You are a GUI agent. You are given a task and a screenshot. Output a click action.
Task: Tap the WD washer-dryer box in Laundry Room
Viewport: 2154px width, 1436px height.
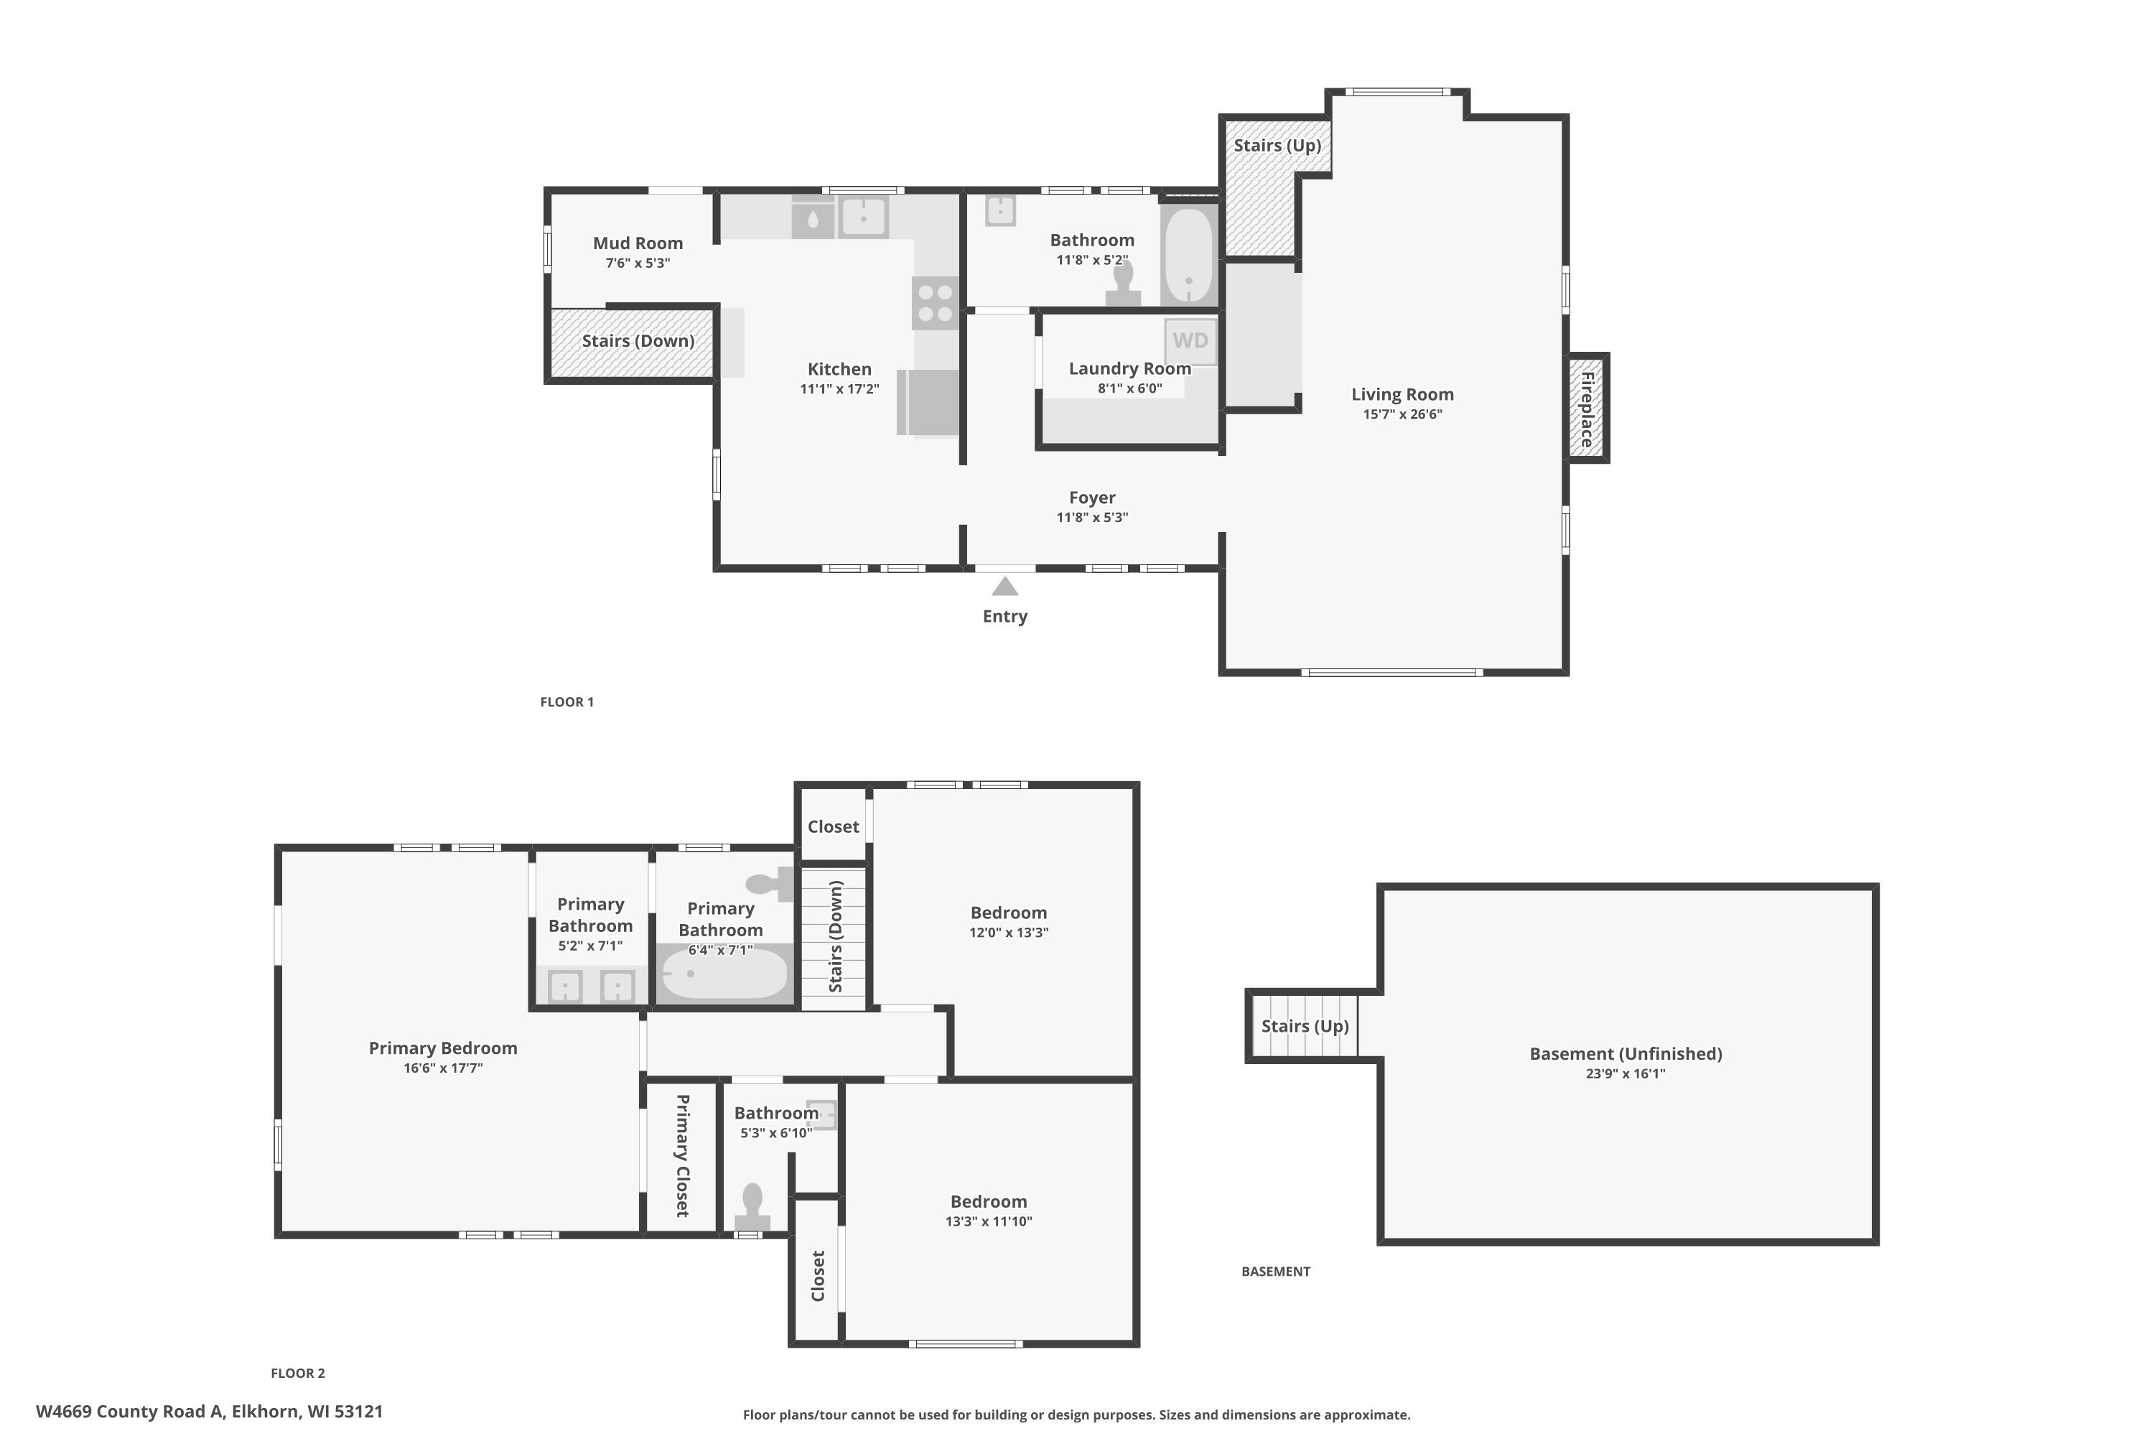tap(1190, 340)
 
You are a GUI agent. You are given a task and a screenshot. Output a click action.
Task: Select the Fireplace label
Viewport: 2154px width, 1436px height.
tap(1587, 409)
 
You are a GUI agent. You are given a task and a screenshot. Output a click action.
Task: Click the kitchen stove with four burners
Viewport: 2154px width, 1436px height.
tap(935, 303)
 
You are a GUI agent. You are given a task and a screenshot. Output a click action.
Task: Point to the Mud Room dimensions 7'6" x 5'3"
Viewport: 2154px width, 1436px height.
tap(638, 264)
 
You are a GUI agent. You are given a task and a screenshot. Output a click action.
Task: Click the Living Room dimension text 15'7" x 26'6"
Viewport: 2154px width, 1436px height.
tap(1402, 414)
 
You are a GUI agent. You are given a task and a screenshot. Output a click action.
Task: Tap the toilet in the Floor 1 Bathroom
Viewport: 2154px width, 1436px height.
tap(1123, 283)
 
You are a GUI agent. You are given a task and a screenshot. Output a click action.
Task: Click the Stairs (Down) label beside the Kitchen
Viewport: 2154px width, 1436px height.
tap(638, 340)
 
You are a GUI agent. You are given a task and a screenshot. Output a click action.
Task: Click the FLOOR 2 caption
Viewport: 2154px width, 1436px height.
tap(298, 1373)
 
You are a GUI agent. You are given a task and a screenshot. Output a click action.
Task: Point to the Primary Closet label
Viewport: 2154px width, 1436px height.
tap(682, 1156)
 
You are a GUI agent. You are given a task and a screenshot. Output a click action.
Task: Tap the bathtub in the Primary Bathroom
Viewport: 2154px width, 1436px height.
tap(724, 974)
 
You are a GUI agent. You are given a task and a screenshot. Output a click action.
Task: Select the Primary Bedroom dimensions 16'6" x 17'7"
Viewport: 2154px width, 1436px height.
tap(443, 1068)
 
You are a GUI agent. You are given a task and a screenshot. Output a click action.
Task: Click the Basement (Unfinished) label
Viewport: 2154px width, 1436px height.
tap(1626, 1054)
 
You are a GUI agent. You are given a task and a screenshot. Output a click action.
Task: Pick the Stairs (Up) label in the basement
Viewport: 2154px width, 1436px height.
tap(1305, 1026)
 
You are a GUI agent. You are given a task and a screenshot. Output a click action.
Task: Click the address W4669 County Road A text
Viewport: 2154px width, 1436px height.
tap(130, 1412)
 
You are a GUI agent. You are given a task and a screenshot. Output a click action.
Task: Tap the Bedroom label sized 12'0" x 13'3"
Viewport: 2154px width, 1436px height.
tap(1008, 913)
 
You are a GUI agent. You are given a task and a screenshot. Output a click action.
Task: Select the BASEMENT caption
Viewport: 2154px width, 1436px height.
tap(1276, 1271)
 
